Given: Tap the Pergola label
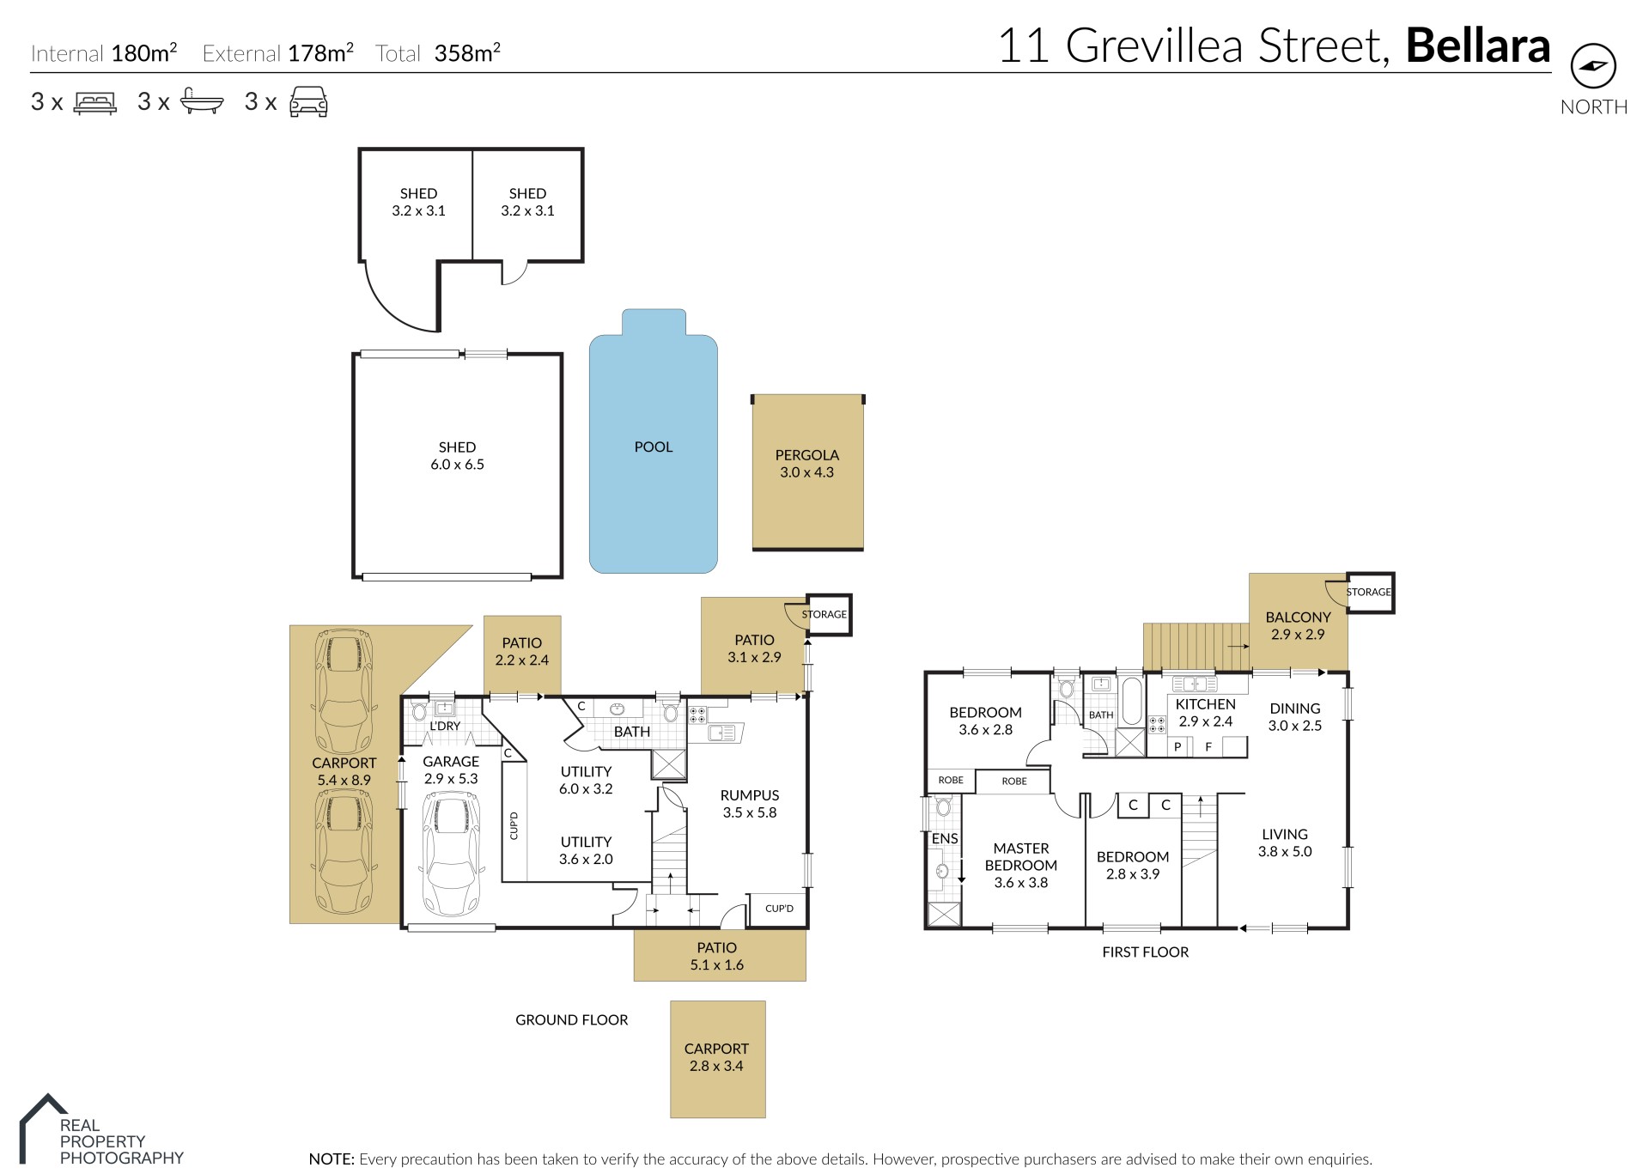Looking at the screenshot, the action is [806, 455].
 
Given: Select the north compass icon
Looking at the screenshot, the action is [1593, 66].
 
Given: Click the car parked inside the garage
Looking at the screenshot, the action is [451, 854].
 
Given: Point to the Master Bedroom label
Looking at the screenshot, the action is [1021, 857].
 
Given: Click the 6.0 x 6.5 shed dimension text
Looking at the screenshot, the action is [457, 465].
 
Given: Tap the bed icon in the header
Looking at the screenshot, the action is [95, 103].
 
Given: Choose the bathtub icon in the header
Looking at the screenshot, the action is [202, 103].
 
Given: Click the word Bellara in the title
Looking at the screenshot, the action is [1477, 46].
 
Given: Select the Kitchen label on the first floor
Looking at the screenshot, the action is [1205, 704].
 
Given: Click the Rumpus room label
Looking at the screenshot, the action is [750, 795].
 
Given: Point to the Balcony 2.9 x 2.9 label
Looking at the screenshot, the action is [1298, 626].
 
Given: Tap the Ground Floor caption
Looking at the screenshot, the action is [572, 1020].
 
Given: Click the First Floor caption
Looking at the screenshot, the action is [1146, 952].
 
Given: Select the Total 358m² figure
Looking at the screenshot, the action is [438, 53].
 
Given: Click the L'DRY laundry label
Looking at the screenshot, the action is [445, 726].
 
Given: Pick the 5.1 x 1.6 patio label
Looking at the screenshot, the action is [717, 965].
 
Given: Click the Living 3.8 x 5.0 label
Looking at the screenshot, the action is [1285, 843].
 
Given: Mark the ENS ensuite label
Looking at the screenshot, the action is [945, 838].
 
